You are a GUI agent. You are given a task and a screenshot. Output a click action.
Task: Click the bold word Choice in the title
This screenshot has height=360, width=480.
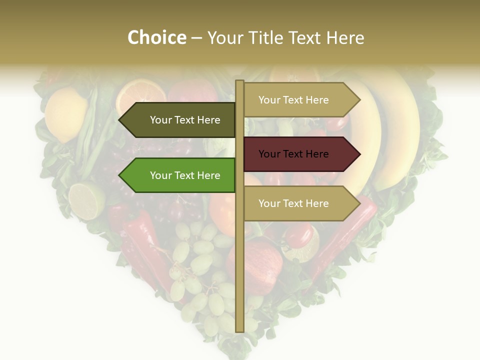pyautogui.click(x=156, y=37)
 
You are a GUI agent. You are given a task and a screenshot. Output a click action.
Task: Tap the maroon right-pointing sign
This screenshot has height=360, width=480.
pyautogui.click(x=297, y=154)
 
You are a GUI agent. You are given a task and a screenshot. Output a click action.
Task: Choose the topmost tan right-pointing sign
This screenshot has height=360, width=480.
pyautogui.click(x=297, y=100)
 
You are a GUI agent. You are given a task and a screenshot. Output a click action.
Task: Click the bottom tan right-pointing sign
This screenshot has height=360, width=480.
pyautogui.click(x=297, y=203)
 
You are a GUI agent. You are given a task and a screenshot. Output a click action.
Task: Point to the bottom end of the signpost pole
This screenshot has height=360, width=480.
pyautogui.click(x=239, y=329)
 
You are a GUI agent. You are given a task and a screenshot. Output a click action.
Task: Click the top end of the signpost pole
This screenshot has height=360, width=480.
pyautogui.click(x=239, y=82)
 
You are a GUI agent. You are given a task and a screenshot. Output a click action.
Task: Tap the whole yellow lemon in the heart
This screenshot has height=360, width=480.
pyautogui.click(x=65, y=114)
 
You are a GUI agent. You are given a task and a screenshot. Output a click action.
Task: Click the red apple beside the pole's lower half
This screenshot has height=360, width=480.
pyautogui.click(x=260, y=265)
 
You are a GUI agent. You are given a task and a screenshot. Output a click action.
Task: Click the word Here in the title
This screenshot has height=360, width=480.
pyautogui.click(x=345, y=37)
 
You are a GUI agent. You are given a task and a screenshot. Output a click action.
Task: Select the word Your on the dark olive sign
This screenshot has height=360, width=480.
pyautogui.click(x=161, y=120)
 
